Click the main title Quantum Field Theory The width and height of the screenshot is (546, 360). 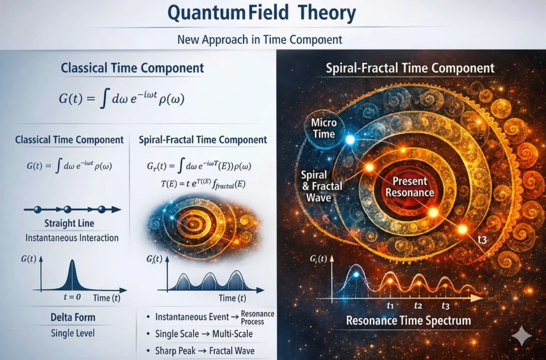pos(261,13)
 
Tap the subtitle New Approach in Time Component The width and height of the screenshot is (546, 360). pos(260,39)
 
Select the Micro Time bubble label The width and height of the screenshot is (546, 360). pos(324,128)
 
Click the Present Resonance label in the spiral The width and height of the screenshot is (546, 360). pos(410,187)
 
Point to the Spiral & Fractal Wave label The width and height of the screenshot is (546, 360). pos(322,186)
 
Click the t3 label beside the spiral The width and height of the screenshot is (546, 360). pos(482,239)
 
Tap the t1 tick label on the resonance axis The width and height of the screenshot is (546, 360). pos(390,306)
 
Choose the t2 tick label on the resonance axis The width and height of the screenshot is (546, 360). pos(418,306)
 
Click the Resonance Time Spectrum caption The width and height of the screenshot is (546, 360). pos(408,321)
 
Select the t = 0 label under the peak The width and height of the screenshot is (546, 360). pos(72,297)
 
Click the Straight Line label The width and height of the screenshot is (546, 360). pos(69,223)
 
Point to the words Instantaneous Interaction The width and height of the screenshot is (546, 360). pos(72,238)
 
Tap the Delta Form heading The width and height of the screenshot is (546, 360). pos(73,317)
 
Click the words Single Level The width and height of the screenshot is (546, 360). pos(73,333)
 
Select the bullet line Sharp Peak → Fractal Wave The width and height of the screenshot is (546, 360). pos(205,350)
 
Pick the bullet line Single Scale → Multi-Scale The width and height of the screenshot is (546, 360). pos(204,334)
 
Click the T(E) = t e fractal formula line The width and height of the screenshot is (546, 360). pos(203,183)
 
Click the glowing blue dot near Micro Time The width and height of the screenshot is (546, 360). pos(350,140)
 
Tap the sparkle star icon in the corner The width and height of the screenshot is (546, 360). pos(521,335)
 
